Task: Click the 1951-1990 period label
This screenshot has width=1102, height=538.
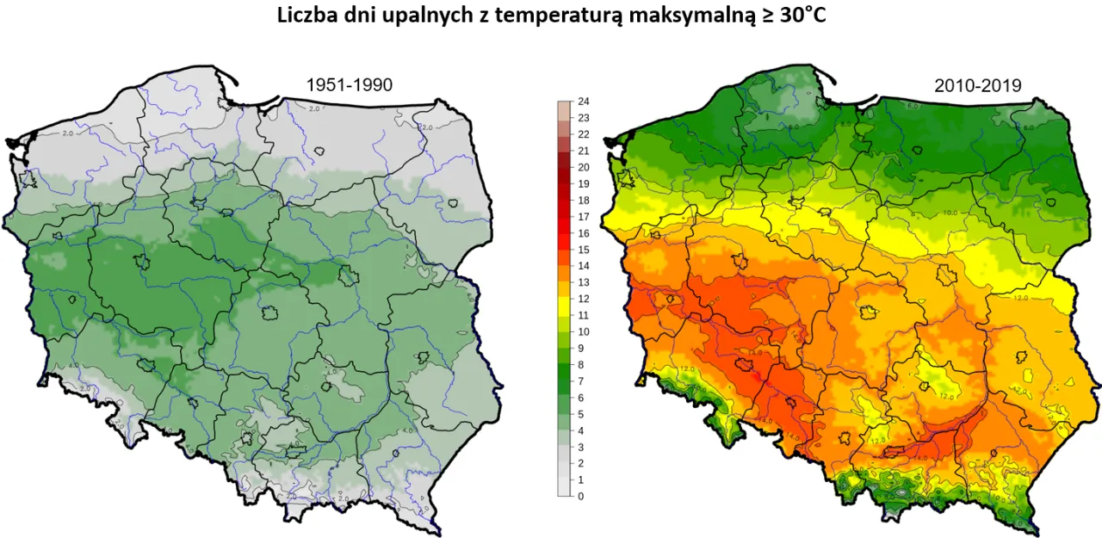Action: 350,84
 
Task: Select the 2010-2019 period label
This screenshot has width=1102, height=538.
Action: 977,85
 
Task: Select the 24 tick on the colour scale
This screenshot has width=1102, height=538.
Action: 583,102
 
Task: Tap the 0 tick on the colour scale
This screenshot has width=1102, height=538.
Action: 580,496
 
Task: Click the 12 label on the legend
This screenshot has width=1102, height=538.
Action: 583,299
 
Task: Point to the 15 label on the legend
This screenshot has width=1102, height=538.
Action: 583,250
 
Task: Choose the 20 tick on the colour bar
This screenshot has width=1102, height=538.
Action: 583,167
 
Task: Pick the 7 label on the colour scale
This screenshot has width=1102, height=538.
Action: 580,380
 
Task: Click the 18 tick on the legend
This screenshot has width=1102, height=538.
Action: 583,200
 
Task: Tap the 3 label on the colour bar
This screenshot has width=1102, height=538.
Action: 580,447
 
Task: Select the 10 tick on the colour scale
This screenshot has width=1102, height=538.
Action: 583,331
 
